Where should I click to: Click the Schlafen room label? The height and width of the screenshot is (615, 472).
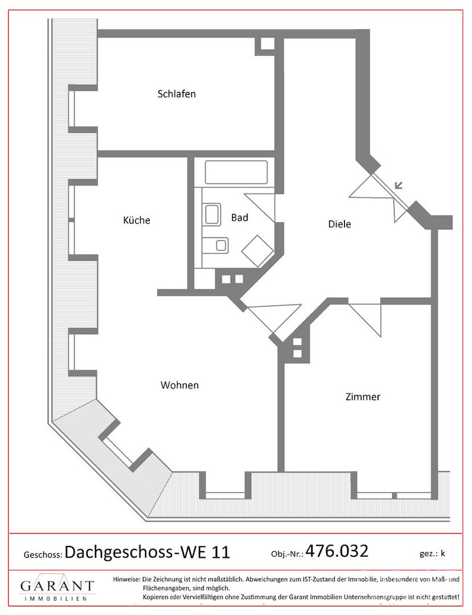[x=177, y=94]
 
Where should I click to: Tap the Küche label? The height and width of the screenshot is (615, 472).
[x=137, y=220]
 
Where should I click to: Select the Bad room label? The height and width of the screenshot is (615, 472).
[x=240, y=218]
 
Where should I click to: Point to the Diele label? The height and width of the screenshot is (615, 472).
[x=339, y=224]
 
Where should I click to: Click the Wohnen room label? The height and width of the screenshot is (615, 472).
[x=179, y=385]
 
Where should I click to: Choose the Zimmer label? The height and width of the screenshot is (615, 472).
[x=363, y=396]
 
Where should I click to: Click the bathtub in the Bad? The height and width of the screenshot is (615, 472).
[x=236, y=172]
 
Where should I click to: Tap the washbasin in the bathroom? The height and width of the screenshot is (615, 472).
[x=213, y=214]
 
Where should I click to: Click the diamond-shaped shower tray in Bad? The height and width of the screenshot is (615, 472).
[x=257, y=251]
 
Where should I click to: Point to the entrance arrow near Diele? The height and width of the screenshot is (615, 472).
[x=399, y=185]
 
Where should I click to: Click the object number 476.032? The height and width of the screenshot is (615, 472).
[x=336, y=551]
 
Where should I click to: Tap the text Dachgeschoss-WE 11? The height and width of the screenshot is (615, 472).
[x=147, y=552]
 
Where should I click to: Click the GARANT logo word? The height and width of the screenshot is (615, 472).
[x=58, y=587]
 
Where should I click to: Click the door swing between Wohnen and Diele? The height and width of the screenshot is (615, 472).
[x=274, y=319]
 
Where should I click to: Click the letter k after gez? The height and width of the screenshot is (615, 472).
[x=442, y=553]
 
